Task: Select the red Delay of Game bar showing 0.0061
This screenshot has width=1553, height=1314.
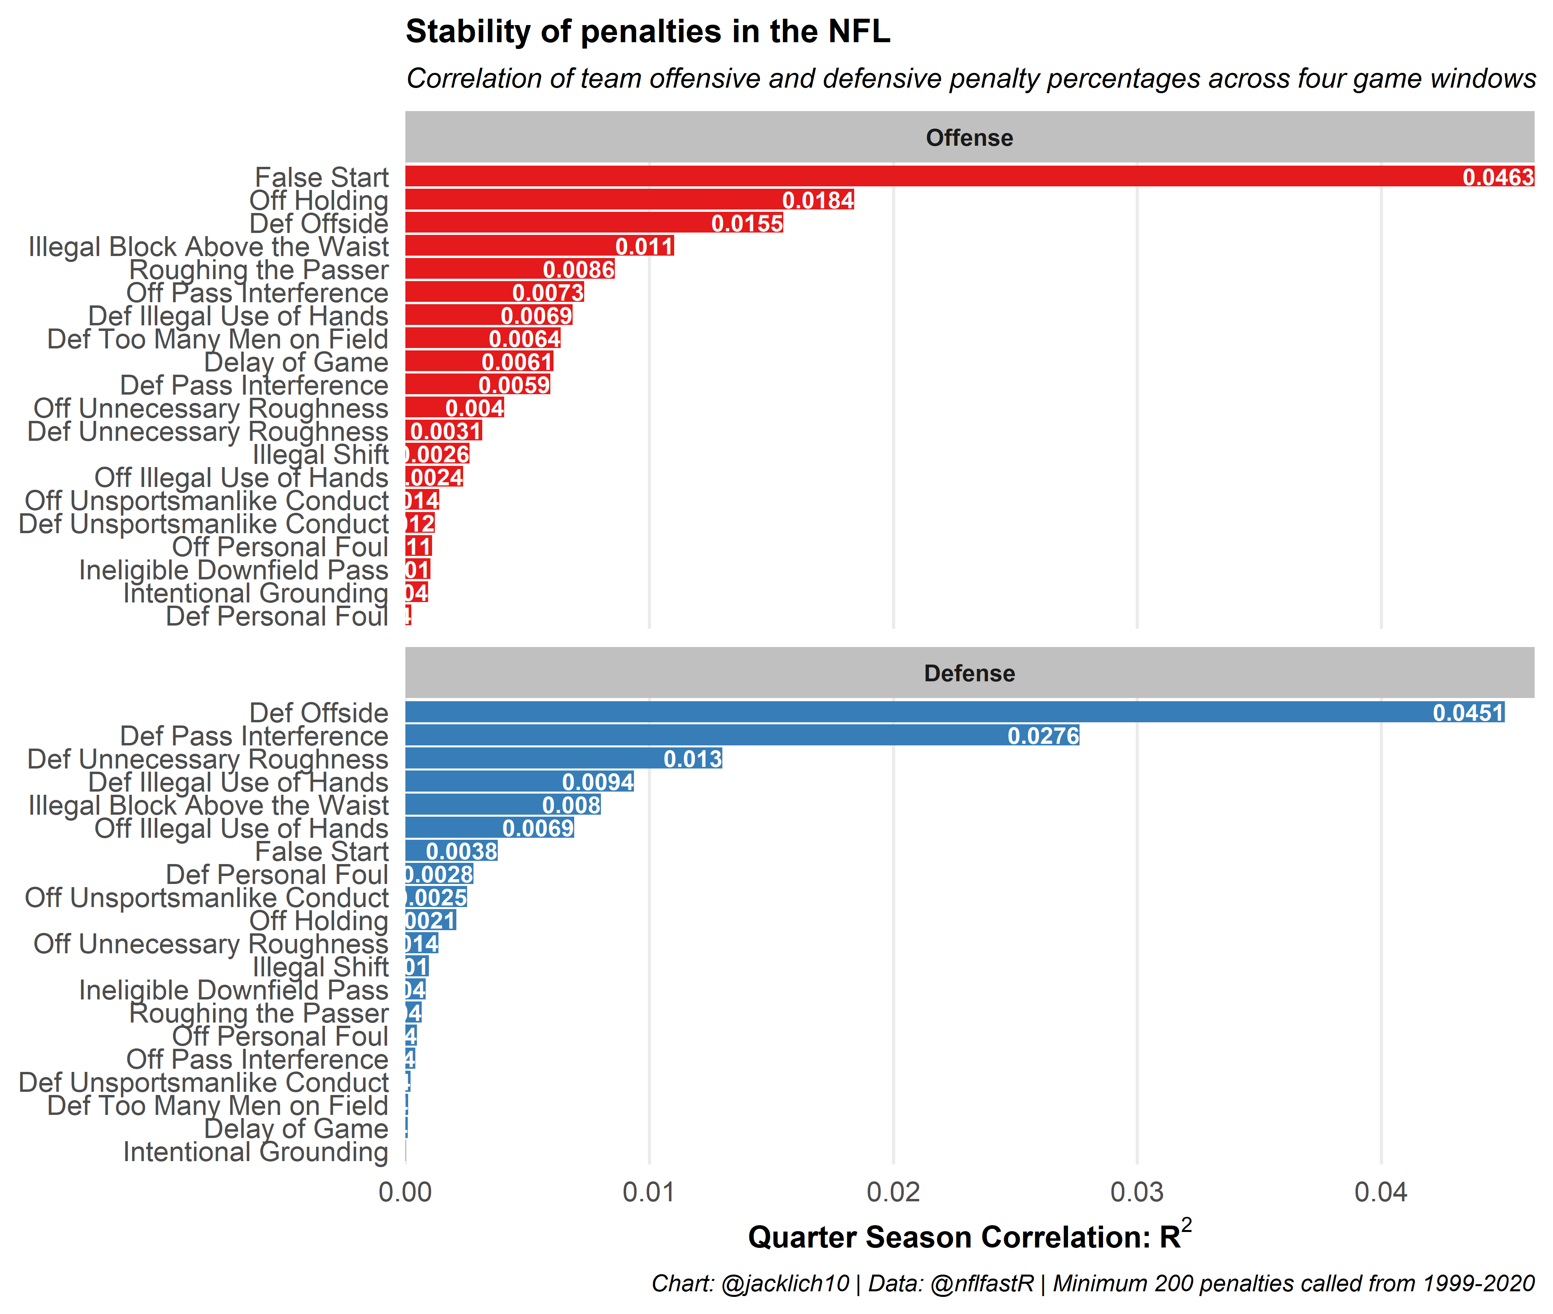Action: [447, 362]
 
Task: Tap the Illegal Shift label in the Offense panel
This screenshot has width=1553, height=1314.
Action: [320, 454]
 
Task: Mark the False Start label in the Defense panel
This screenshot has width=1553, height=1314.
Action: [322, 851]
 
